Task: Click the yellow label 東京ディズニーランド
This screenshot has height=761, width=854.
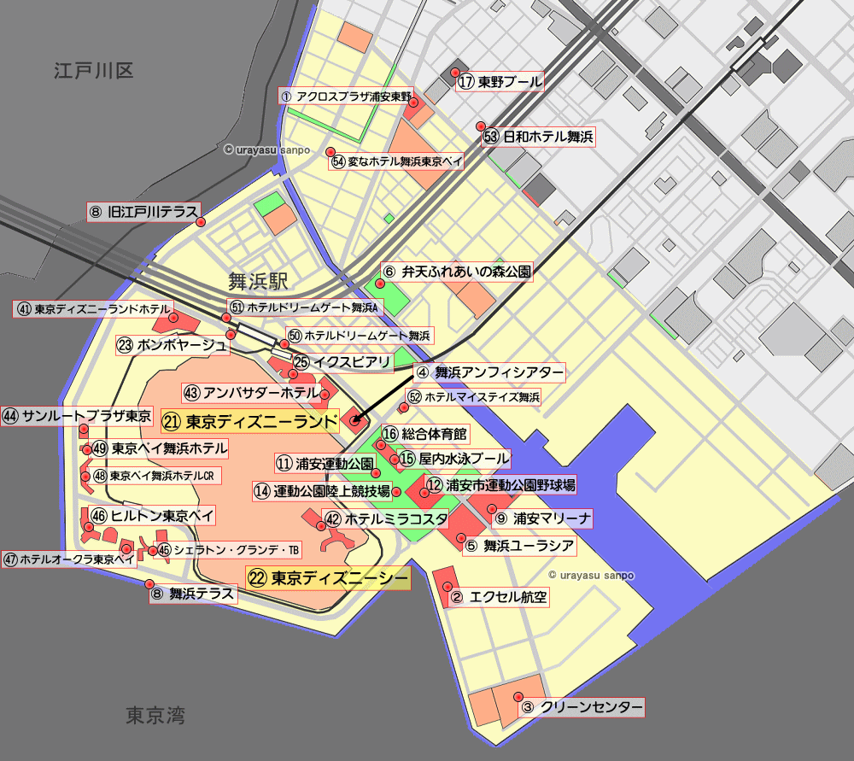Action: tap(249, 421)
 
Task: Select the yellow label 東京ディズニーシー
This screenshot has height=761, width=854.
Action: tap(328, 578)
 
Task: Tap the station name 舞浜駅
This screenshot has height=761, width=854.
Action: tap(258, 281)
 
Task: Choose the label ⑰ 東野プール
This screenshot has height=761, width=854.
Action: tap(500, 82)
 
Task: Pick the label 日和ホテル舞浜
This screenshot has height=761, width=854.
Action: tap(538, 136)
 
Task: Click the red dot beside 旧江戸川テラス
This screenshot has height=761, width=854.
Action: tap(201, 222)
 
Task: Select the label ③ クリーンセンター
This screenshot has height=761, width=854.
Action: tap(581, 707)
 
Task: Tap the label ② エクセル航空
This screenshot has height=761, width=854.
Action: tap(498, 597)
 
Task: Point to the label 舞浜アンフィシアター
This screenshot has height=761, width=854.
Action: tap(489, 372)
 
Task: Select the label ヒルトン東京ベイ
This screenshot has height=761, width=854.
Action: tap(153, 515)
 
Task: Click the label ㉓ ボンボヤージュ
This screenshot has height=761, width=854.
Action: tap(173, 345)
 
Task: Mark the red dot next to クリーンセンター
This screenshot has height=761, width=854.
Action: tap(518, 696)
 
